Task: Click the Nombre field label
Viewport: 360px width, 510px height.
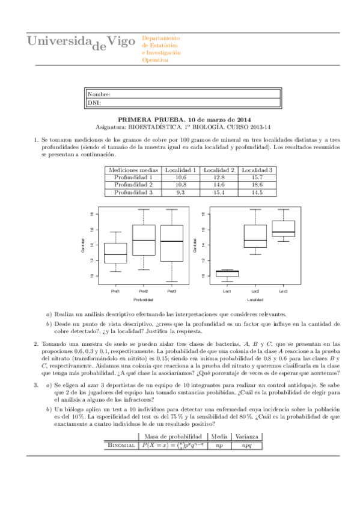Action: (99, 95)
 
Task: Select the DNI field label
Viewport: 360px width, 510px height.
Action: (94, 103)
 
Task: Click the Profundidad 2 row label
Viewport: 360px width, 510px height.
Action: (133, 185)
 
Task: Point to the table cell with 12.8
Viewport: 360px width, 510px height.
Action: (219, 177)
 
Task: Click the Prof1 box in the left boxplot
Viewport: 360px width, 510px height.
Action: (115, 253)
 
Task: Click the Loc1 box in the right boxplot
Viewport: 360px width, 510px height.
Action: (227, 273)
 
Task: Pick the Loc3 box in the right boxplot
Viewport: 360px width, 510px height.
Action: (283, 229)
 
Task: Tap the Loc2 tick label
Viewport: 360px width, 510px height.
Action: (255, 291)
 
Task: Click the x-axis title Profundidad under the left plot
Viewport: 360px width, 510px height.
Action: (143, 300)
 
